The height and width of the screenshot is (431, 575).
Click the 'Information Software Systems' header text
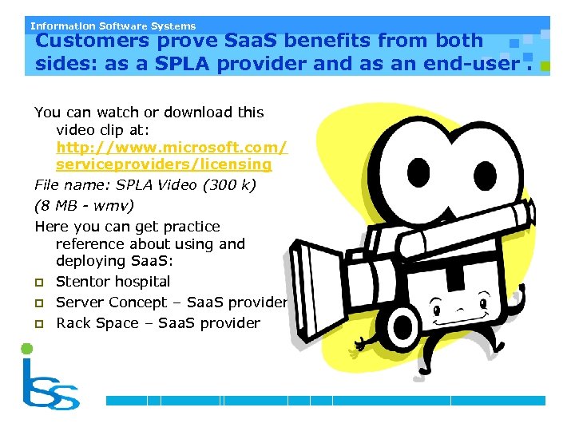[113, 26]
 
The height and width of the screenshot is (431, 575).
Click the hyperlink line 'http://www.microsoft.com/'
[172, 148]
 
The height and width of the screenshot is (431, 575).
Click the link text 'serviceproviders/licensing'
[164, 164]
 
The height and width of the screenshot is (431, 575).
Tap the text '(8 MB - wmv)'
[84, 205]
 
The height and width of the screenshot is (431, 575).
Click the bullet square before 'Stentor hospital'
[39, 283]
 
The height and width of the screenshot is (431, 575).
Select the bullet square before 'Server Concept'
[39, 303]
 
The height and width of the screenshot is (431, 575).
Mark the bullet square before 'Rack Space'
[39, 324]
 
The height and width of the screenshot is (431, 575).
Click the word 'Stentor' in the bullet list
[82, 282]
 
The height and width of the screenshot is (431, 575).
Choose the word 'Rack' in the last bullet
[73, 323]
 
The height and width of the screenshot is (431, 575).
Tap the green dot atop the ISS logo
[27, 349]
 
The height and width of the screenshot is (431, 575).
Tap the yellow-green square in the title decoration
[545, 69]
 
